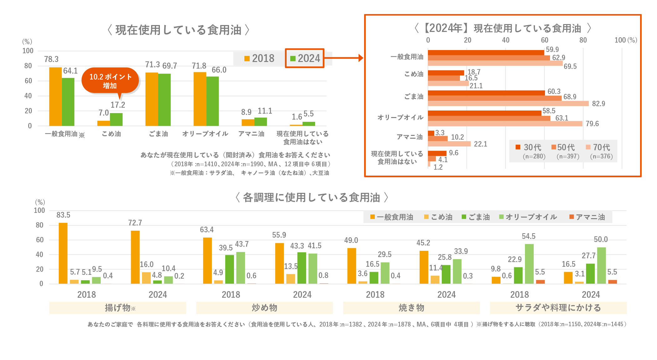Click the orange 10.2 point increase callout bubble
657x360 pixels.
[110, 81]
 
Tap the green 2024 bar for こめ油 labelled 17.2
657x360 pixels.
[116, 119]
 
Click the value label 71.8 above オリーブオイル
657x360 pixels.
[199, 66]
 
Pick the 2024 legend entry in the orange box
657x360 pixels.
[305, 58]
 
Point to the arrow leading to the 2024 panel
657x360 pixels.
[344, 58]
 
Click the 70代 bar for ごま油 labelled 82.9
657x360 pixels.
[508, 104]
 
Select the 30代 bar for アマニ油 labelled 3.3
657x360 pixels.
[431, 133]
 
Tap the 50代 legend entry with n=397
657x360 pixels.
[566, 151]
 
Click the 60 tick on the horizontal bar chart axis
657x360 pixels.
[544, 40]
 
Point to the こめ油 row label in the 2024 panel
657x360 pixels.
[414, 74]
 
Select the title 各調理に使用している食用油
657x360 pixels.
[312, 198]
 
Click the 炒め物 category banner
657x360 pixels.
[264, 308]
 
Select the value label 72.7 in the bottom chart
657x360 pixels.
[135, 223]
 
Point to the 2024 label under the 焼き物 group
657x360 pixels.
[446, 295]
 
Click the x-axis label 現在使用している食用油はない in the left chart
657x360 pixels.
[303, 138]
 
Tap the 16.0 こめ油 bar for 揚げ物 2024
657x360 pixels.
[146, 278]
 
